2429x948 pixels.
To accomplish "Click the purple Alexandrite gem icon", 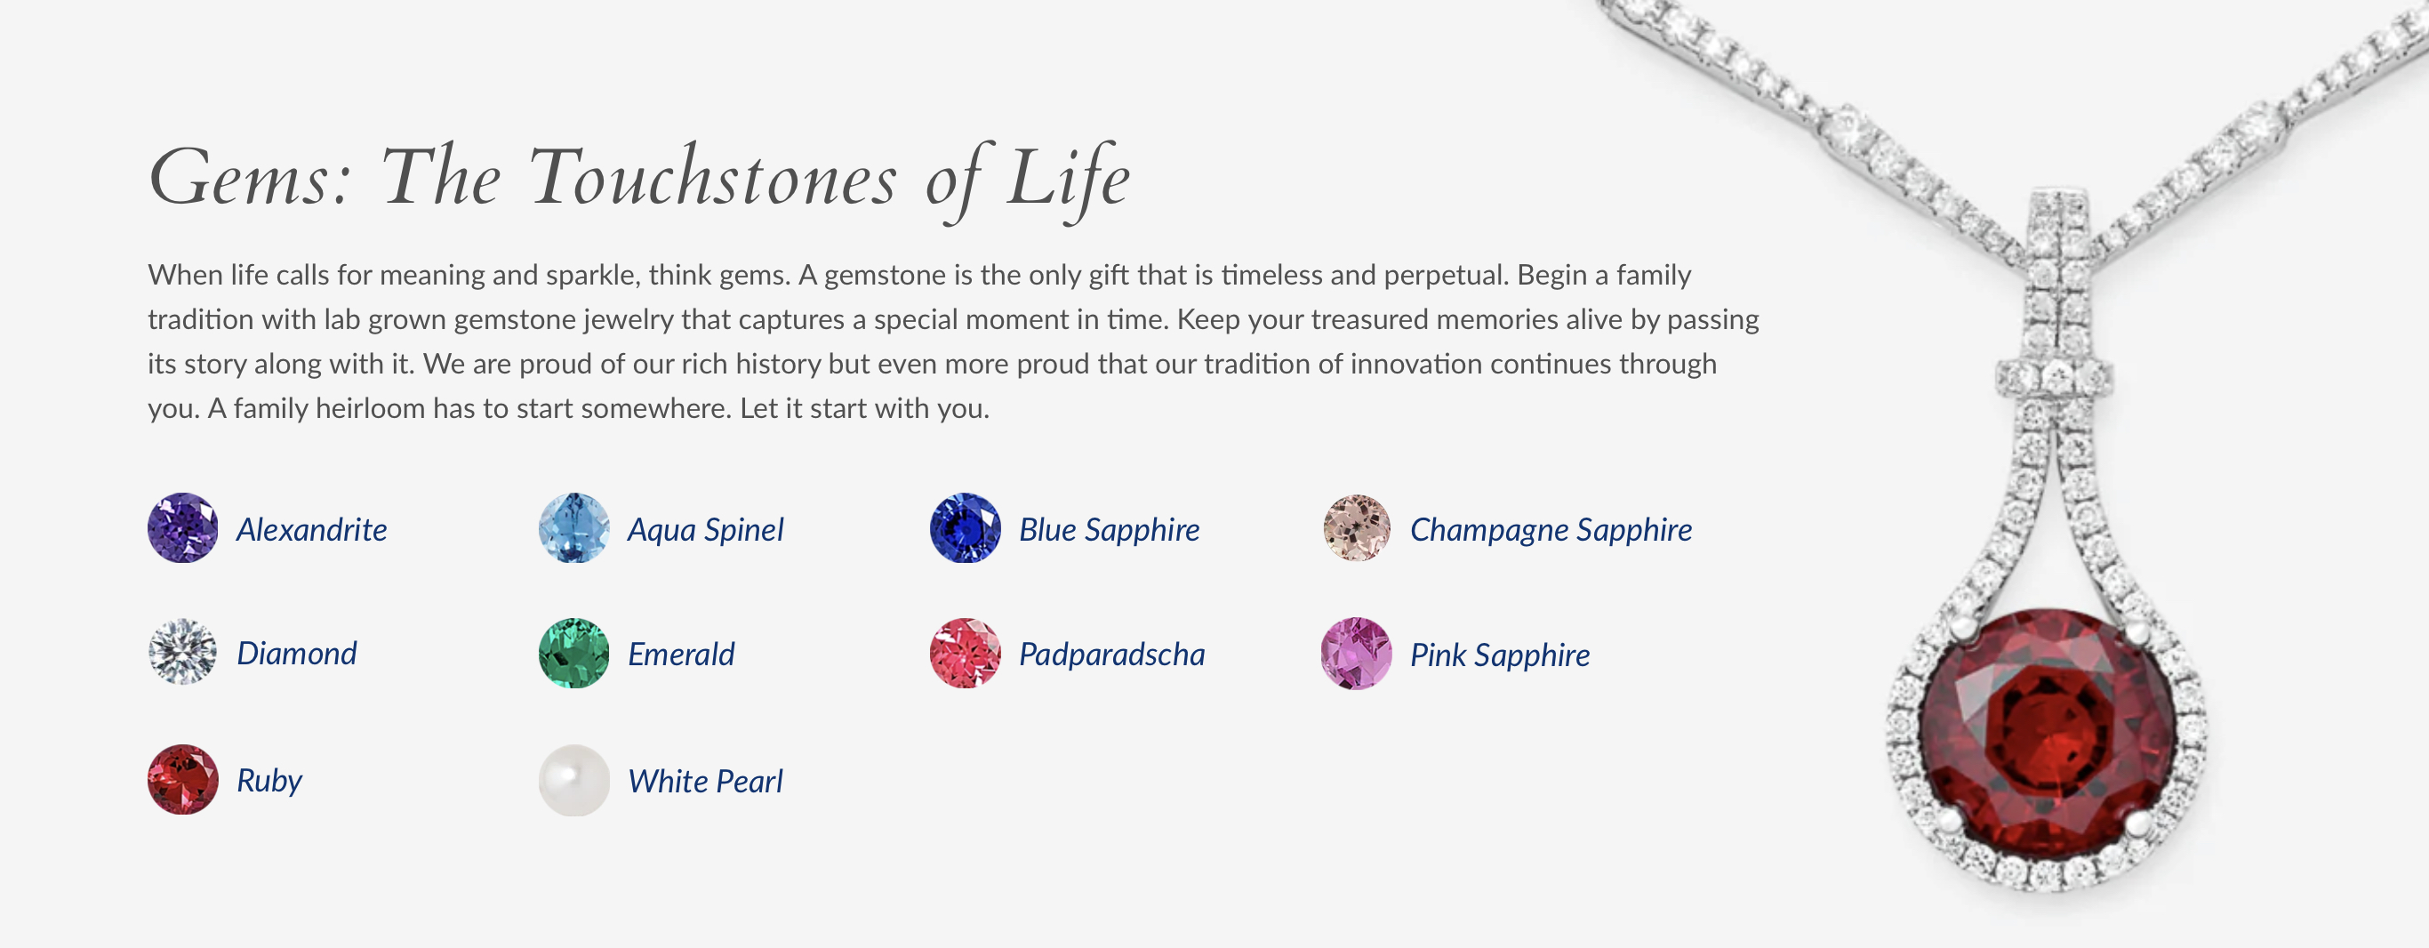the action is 183,528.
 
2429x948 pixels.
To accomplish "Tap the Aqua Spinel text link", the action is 705,530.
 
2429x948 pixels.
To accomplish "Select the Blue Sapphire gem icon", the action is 965,528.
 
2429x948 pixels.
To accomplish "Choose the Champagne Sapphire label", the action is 1551,530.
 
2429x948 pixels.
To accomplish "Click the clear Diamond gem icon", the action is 183,652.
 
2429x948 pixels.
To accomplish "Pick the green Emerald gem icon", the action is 573,653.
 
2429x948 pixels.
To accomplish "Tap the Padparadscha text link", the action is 1111,655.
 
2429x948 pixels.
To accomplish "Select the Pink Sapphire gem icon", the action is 1356,654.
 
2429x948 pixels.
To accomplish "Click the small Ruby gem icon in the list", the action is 183,779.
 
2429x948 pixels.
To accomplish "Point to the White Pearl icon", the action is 573,780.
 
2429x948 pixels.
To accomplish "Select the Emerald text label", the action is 681,655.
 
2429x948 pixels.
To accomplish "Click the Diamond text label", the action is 297,654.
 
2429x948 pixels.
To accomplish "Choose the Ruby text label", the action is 269,781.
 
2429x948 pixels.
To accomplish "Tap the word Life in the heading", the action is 1068,180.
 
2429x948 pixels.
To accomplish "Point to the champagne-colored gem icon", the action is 1356,528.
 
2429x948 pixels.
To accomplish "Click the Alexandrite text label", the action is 312,530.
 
